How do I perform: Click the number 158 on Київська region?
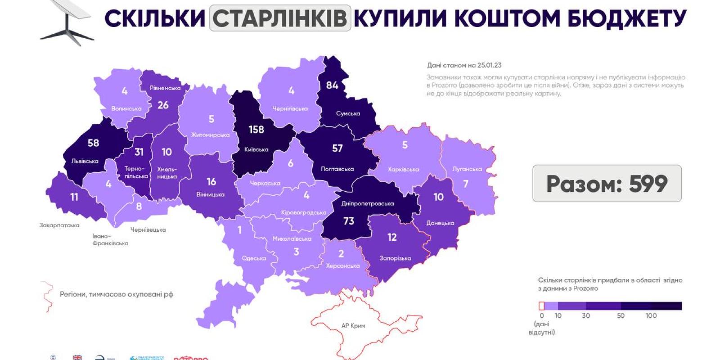pos(256,130)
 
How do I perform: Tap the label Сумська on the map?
pos(348,113)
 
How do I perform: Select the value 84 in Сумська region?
pos(332,85)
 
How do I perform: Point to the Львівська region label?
pos(85,161)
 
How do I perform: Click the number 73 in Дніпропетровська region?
pos(349,221)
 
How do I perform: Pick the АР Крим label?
pos(353,326)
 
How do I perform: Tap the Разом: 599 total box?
pos(607,184)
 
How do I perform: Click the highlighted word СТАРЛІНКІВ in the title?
pos(280,18)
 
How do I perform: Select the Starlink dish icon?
pos(67,22)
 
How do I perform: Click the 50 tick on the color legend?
pos(621,315)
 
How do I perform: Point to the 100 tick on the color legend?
pos(651,315)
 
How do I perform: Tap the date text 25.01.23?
pos(489,65)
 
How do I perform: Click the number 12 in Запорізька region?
pos(392,237)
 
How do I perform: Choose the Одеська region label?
pos(254,258)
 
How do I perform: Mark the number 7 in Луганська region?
pos(466,184)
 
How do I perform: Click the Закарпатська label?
pos(59,225)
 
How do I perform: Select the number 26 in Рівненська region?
pos(163,105)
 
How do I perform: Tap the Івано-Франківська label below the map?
pos(110,239)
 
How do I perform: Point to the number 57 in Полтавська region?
pos(337,148)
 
